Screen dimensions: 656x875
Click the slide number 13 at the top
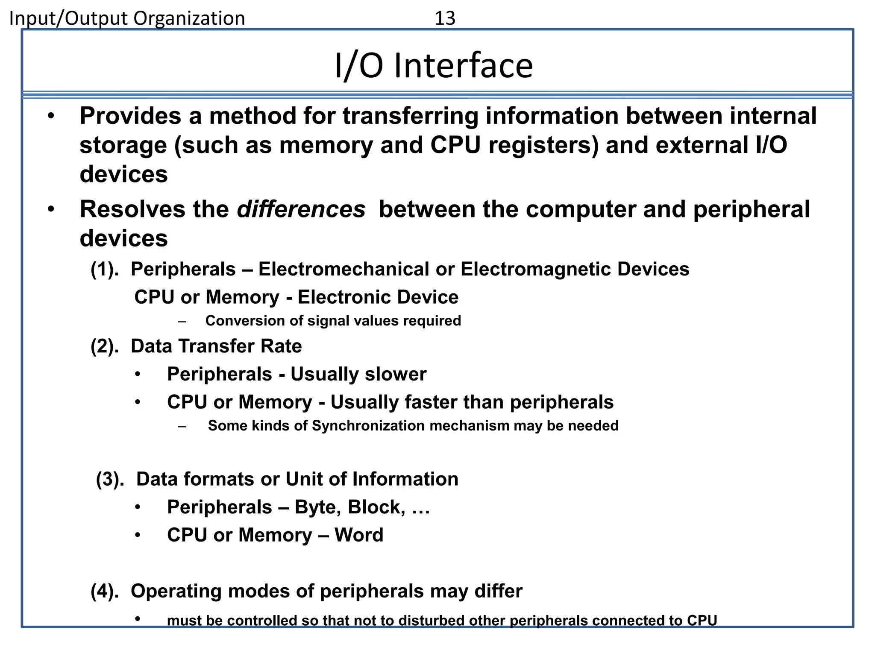pyautogui.click(x=445, y=18)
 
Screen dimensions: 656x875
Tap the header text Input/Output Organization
pyautogui.click(x=127, y=18)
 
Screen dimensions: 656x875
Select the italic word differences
pyautogui.click(x=301, y=209)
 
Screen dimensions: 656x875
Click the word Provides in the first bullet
pyautogui.click(x=130, y=116)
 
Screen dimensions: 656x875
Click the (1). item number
pyautogui.click(x=105, y=269)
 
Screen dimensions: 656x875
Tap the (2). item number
pyautogui.click(x=105, y=346)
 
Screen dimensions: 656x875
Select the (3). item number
pyautogui.click(x=110, y=479)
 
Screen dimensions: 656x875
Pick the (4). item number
pyautogui.click(x=105, y=591)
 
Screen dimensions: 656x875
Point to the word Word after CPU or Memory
pyautogui.click(x=359, y=535)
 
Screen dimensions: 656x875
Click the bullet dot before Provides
pyautogui.click(x=51, y=116)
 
